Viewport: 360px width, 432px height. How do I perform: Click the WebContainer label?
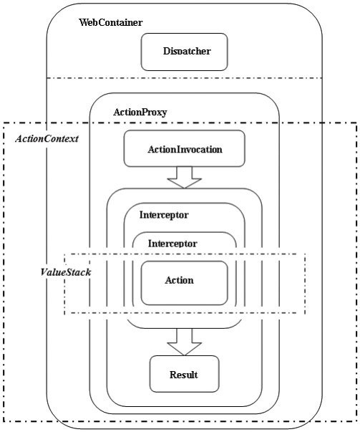pos(111,22)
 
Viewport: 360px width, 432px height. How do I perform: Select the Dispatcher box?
pos(185,52)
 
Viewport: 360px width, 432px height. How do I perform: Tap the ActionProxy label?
pos(140,112)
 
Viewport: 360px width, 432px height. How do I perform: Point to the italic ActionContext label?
pos(47,138)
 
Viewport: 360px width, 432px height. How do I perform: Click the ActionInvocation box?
pos(185,148)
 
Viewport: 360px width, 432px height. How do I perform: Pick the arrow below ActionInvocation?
pos(185,178)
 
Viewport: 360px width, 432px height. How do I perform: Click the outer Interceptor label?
pos(164,215)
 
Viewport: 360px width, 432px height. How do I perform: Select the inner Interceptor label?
pos(172,244)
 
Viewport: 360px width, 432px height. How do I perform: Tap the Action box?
pos(185,283)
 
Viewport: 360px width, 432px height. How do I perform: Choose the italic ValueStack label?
pos(66,272)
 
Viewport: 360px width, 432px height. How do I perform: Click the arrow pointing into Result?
pos(185,342)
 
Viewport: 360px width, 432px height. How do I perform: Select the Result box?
pos(185,374)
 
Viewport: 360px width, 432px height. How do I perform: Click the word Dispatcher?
pos(187,52)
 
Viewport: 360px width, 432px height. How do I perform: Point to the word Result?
pos(183,375)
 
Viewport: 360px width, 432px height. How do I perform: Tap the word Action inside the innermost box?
pos(180,280)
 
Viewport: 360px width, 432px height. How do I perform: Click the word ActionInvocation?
pos(185,149)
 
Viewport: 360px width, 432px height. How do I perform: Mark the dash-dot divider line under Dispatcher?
pos(185,78)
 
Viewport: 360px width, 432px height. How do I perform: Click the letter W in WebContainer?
pos(84,23)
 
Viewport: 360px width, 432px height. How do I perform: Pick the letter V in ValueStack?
pos(44,272)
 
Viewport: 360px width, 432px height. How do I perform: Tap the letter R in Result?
pos(173,375)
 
